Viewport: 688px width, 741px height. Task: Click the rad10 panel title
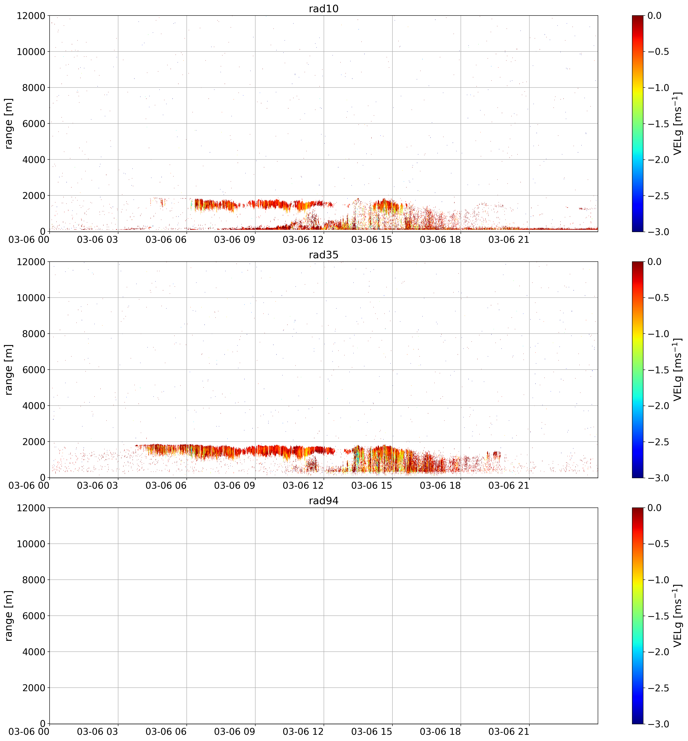click(x=323, y=8)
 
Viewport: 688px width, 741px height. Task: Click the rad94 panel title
click(x=323, y=501)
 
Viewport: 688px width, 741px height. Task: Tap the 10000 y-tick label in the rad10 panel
click(x=31, y=51)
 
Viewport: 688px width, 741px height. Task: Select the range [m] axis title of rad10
click(x=9, y=123)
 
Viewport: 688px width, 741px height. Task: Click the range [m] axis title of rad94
click(x=9, y=616)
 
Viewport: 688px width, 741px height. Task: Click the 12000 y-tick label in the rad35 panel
click(x=31, y=262)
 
